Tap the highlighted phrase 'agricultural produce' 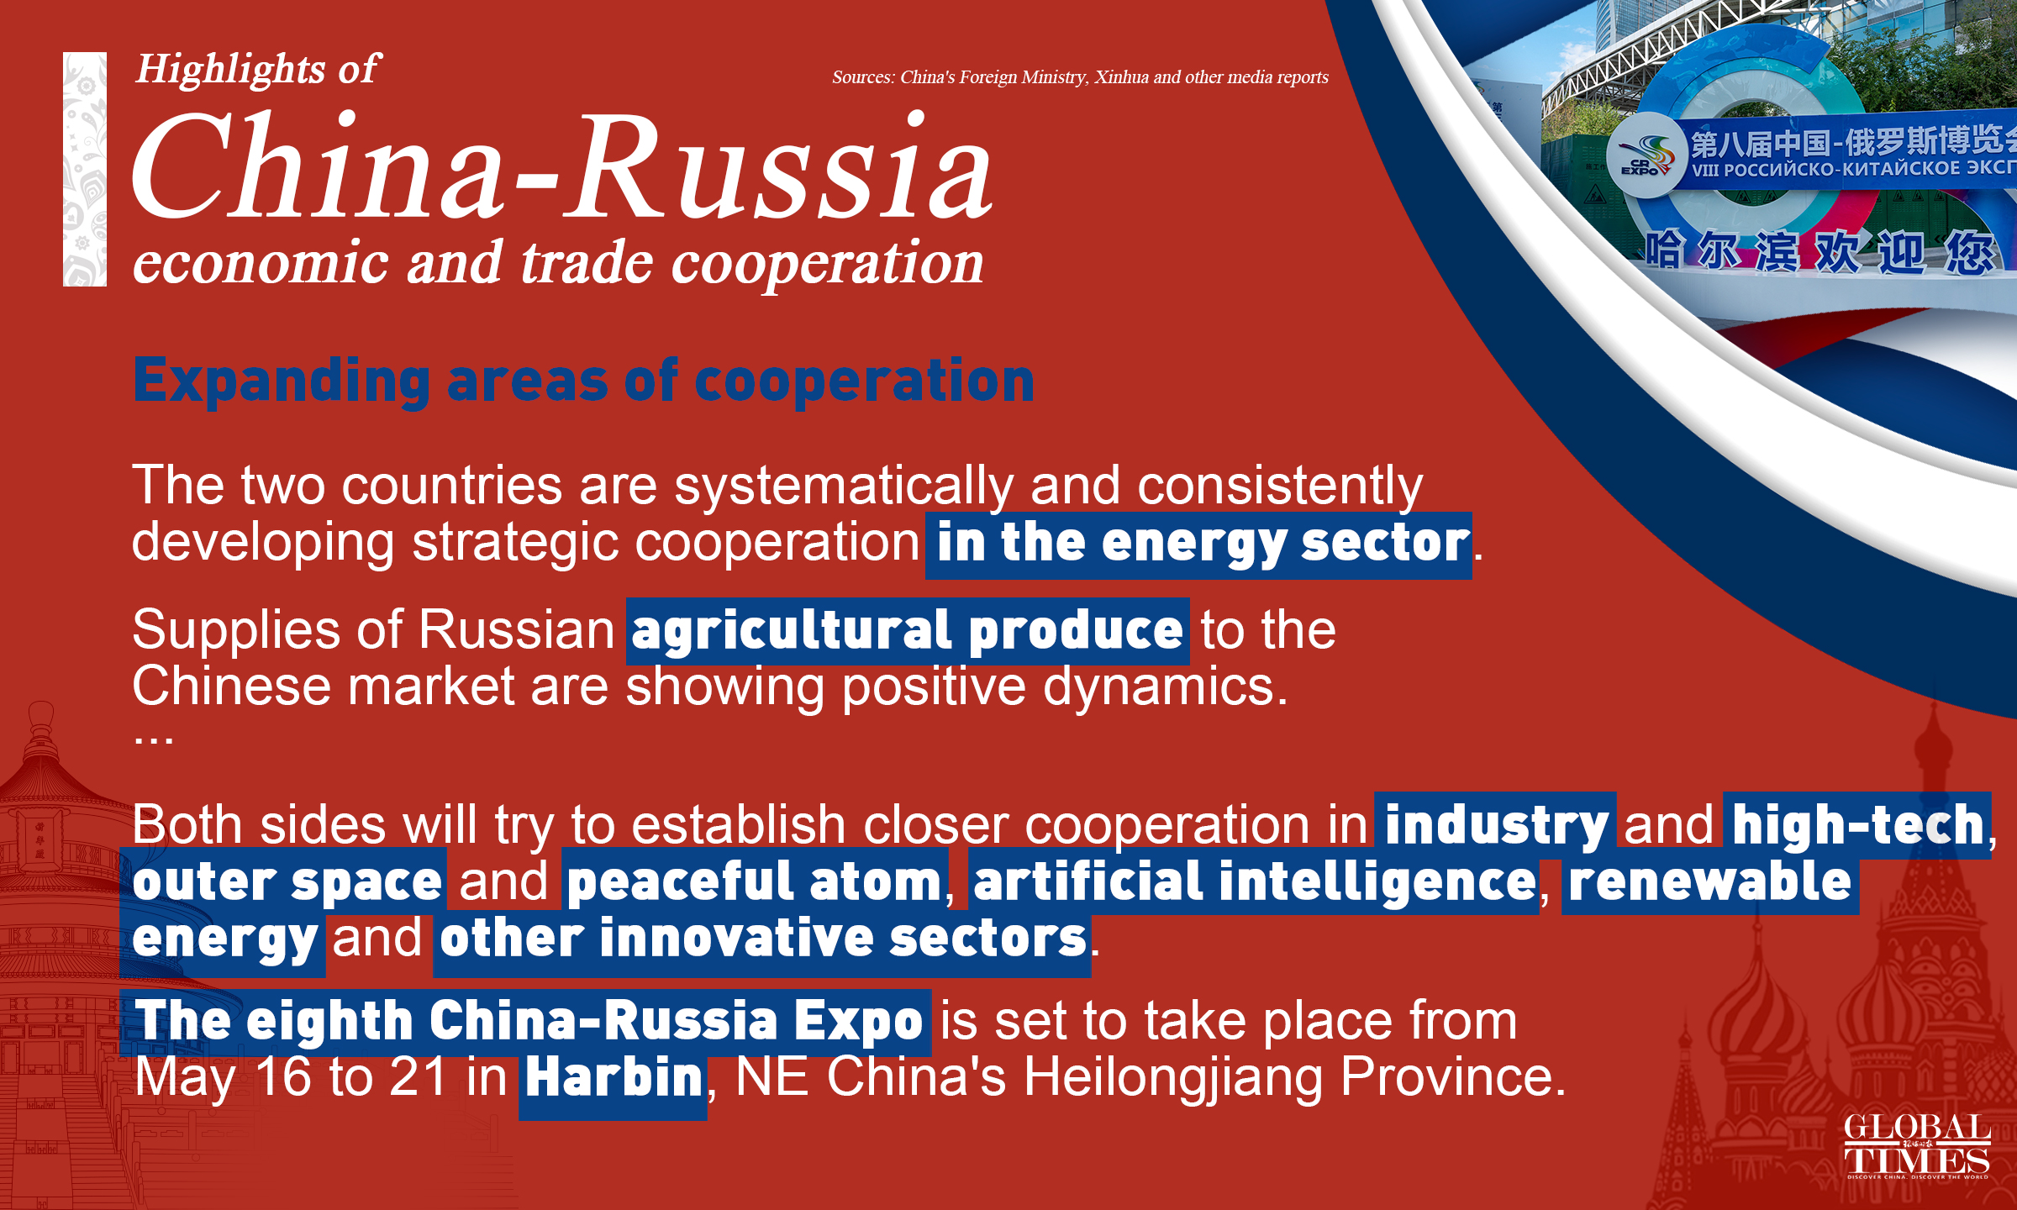coord(908,631)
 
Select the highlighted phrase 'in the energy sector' coord(1199,544)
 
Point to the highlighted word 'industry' coord(1496,825)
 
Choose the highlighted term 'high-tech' coord(1857,825)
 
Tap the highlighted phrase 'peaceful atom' coord(755,881)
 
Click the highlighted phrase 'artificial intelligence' coord(1255,881)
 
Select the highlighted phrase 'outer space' coord(287,881)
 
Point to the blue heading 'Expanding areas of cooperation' coord(583,381)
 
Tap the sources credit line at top coord(1080,77)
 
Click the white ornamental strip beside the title coord(85,169)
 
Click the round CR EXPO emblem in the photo coord(1645,156)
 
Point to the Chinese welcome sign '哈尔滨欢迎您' coord(1820,251)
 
